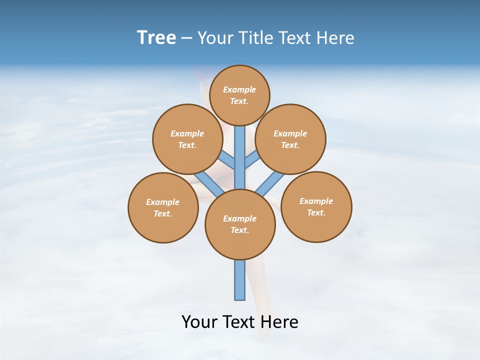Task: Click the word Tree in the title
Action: click(156, 37)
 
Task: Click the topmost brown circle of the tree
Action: click(239, 95)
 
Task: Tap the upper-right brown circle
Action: click(290, 139)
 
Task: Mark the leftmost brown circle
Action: click(163, 207)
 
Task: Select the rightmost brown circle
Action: click(316, 206)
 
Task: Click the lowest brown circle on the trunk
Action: click(240, 224)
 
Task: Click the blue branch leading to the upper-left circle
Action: click(227, 160)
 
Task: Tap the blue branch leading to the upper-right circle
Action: click(251, 160)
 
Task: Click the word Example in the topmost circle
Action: click(239, 89)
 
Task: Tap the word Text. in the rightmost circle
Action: click(316, 212)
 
